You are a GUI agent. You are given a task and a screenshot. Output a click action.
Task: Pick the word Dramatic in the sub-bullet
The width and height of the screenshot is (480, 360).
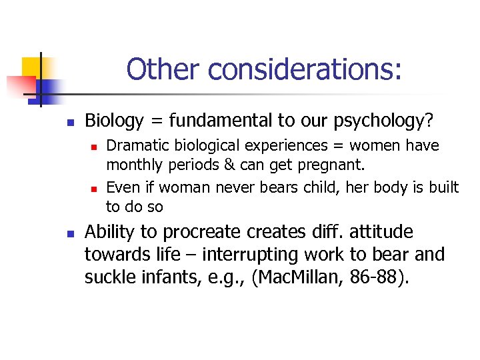(x=133, y=146)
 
